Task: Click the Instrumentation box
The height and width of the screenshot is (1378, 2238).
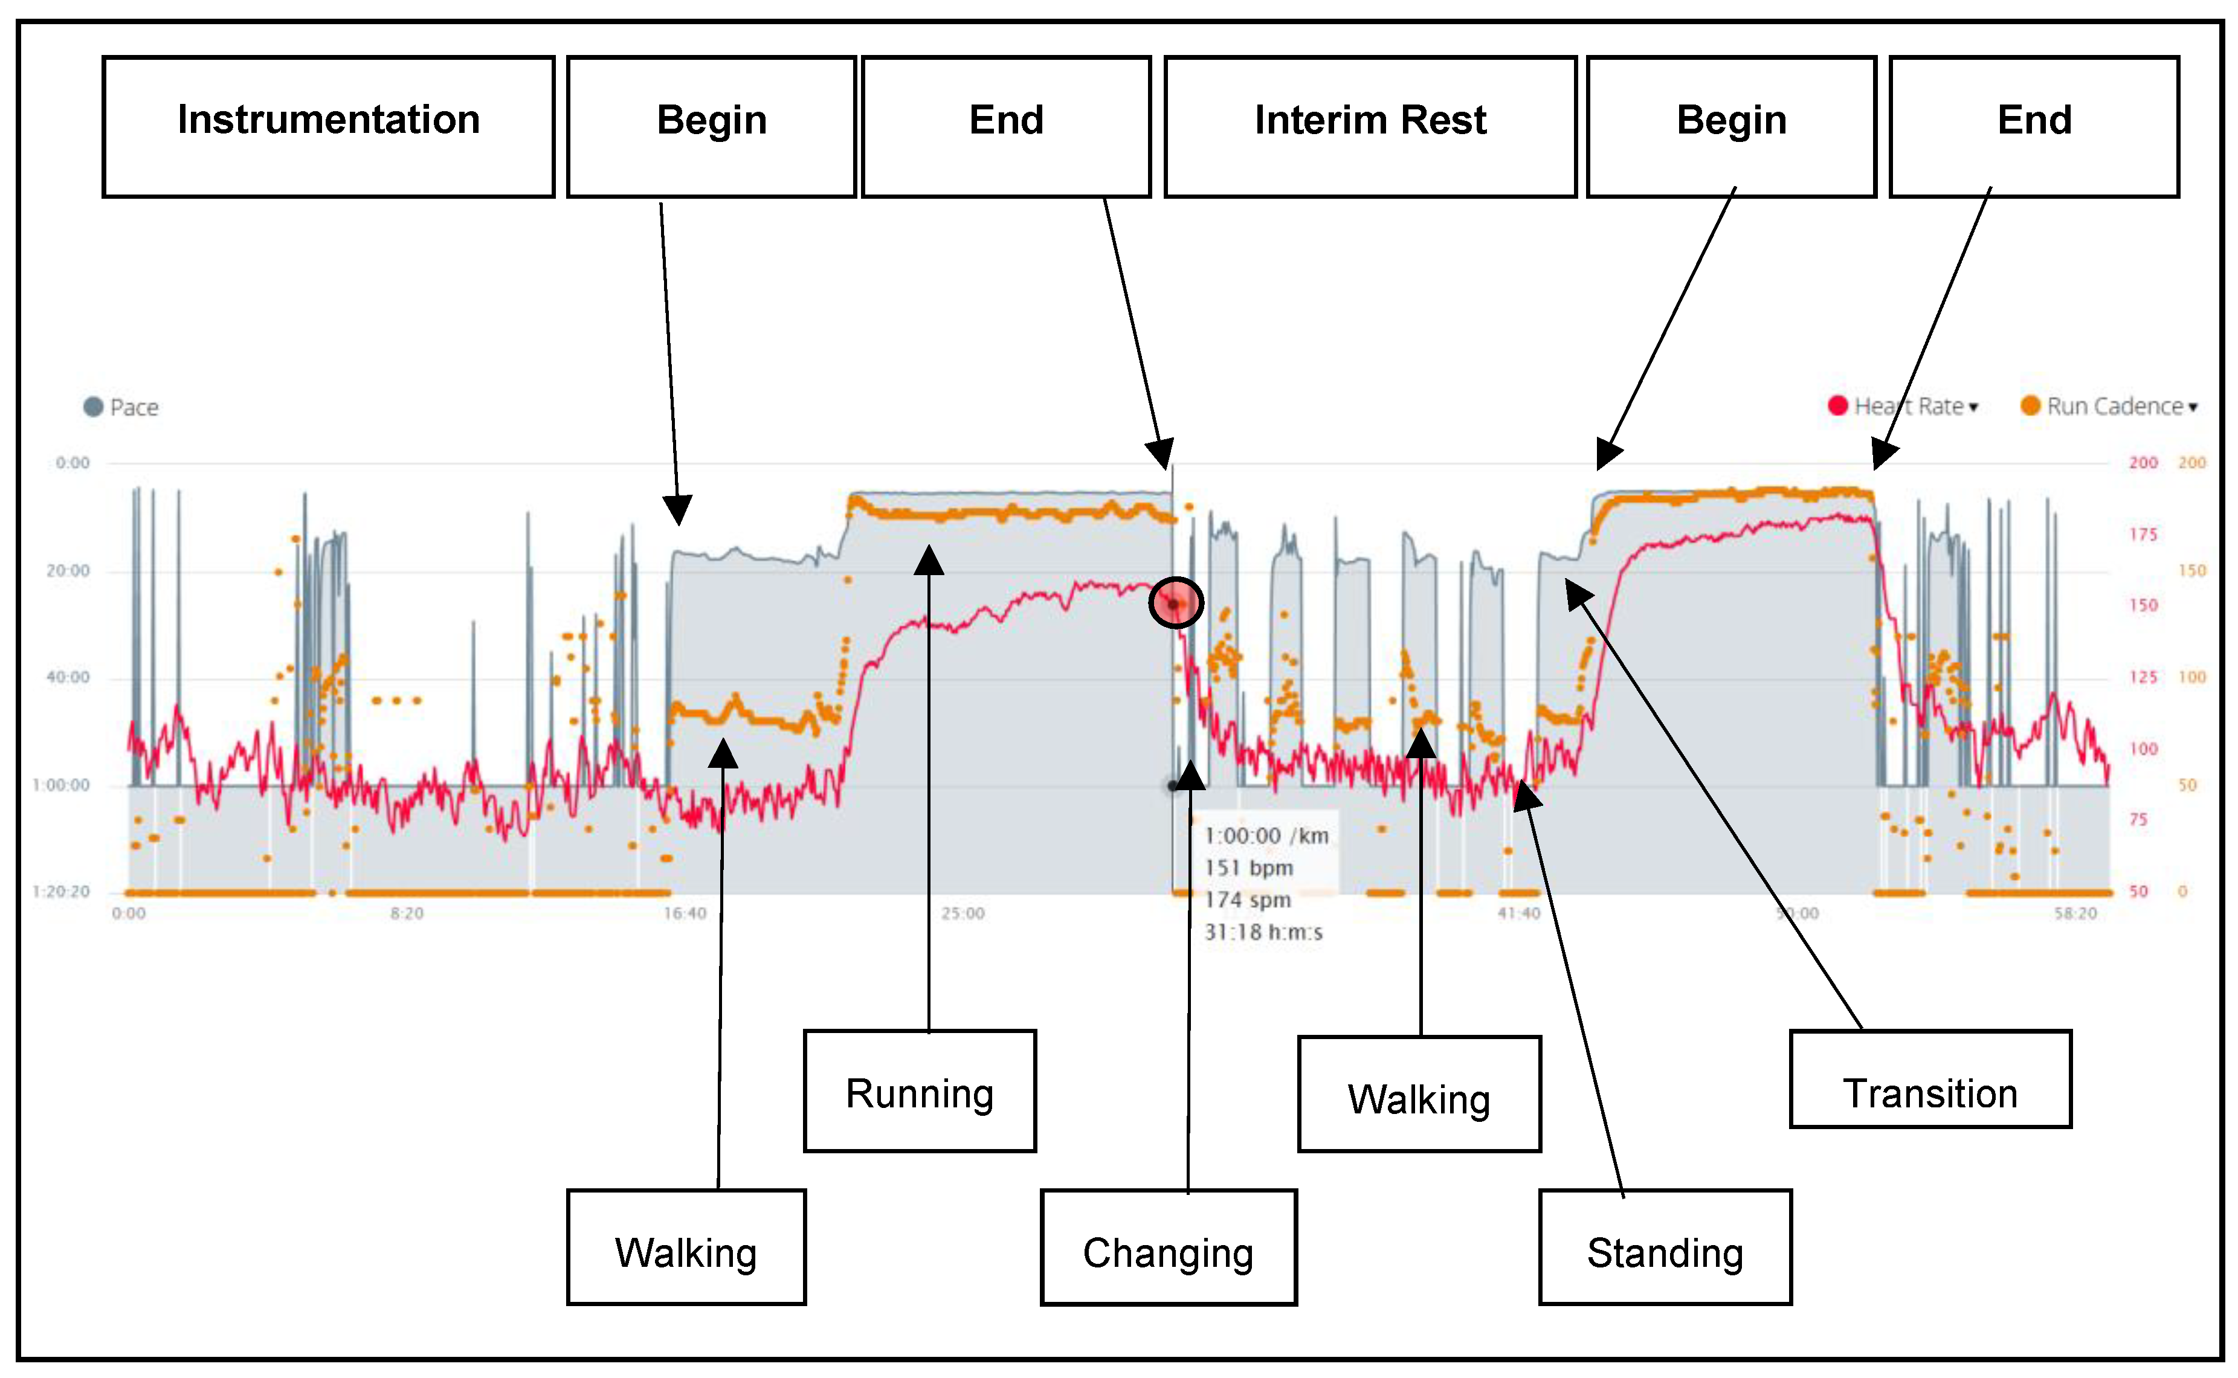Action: point(328,126)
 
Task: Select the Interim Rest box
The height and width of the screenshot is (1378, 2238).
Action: point(1370,126)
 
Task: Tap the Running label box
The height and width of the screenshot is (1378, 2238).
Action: point(920,1091)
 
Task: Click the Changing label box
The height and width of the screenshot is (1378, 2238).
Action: point(1167,1247)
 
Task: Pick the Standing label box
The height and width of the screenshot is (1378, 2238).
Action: point(1664,1247)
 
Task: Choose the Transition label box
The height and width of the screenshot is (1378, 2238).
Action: point(1930,1079)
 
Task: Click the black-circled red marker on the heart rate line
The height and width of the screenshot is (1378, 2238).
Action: point(1176,604)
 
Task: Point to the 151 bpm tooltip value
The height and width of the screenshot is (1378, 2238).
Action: point(1248,868)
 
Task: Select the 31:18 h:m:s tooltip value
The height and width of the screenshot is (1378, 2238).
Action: point(1262,932)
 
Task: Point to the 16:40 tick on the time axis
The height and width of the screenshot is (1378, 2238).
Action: point(685,913)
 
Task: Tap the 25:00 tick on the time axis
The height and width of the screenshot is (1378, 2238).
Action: point(963,913)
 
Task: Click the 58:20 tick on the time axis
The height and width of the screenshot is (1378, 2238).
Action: point(2075,913)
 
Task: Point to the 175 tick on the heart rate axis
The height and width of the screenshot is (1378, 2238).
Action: point(2143,534)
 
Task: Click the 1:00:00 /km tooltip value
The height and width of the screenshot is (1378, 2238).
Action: point(1266,835)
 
